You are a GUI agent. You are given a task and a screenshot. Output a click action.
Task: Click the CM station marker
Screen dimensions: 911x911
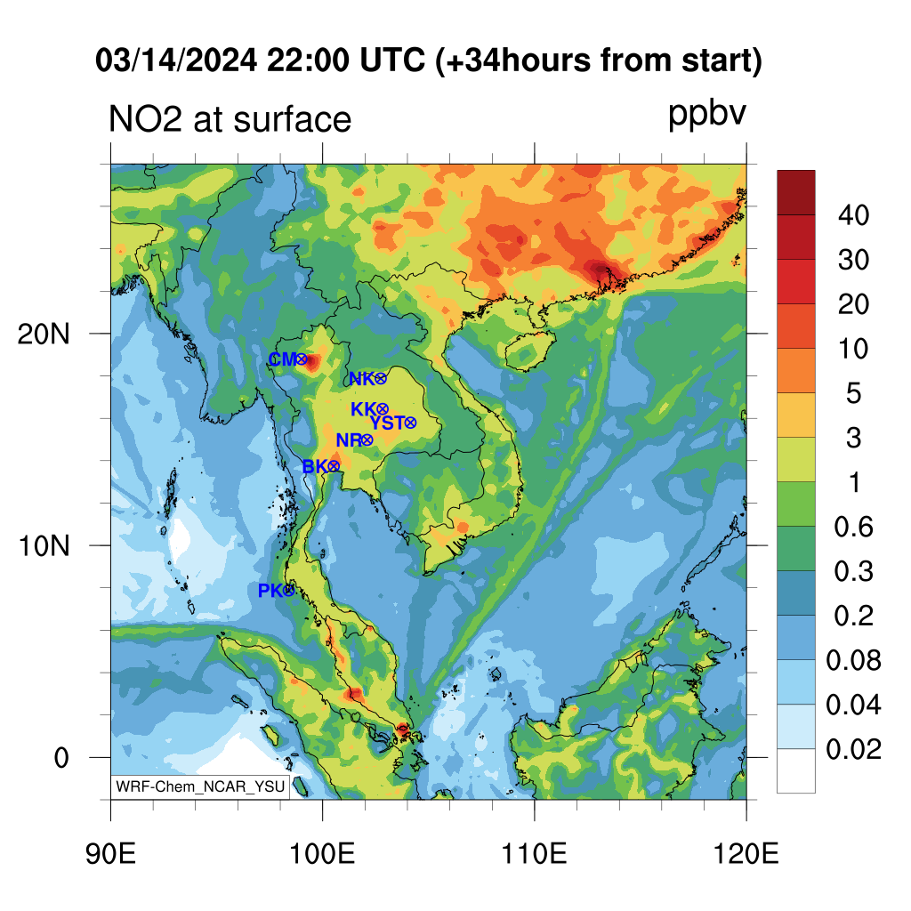pyautogui.click(x=301, y=359)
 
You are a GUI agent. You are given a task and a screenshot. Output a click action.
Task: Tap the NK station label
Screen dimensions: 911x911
pyautogui.click(x=361, y=379)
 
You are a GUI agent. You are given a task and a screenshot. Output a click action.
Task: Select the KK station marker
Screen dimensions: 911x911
pyautogui.click(x=383, y=409)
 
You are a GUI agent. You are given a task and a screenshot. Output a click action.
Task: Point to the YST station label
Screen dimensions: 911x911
pyautogui.click(x=387, y=423)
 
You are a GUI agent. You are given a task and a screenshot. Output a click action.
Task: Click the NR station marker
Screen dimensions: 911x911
pyautogui.click(x=367, y=440)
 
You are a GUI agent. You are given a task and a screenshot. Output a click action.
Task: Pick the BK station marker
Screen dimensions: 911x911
pyautogui.click(x=334, y=466)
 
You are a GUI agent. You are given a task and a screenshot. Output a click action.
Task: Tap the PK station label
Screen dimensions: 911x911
pyautogui.click(x=270, y=591)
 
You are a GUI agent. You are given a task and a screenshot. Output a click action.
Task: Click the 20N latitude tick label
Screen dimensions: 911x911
pyautogui.click(x=44, y=335)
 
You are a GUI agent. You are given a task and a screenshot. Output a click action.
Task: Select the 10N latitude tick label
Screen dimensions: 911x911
pyautogui.click(x=44, y=546)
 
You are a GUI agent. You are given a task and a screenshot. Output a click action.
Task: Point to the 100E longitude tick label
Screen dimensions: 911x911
pyautogui.click(x=322, y=854)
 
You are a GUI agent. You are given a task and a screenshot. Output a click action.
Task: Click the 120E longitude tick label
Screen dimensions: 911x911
pyautogui.click(x=746, y=854)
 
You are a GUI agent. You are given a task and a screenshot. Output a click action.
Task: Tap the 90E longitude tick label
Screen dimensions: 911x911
pyautogui.click(x=110, y=854)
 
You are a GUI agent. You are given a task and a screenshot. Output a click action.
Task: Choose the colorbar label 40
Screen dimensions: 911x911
pyautogui.click(x=853, y=215)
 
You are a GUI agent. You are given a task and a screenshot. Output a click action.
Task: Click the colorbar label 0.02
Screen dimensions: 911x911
pyautogui.click(x=853, y=749)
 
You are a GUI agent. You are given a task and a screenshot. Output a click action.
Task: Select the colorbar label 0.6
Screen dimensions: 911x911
pyautogui.click(x=853, y=527)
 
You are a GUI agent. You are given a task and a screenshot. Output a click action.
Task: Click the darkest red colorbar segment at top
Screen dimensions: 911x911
pyautogui.click(x=796, y=193)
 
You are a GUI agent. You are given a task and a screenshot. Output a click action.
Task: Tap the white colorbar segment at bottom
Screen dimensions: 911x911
pyautogui.click(x=796, y=771)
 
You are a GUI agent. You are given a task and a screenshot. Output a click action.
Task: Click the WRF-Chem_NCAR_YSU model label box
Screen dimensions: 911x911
pyautogui.click(x=200, y=786)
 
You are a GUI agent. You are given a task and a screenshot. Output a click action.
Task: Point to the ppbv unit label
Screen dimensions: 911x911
pyautogui.click(x=706, y=115)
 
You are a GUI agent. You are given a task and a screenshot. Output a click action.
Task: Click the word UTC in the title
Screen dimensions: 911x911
pyautogui.click(x=392, y=60)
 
